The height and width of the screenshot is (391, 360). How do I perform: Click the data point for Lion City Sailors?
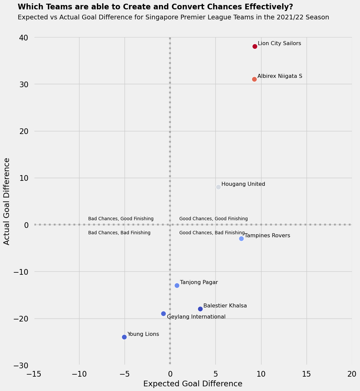click(x=255, y=46)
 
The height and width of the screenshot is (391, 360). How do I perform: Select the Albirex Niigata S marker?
click(x=254, y=79)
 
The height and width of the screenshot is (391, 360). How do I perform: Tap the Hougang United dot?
click(x=218, y=187)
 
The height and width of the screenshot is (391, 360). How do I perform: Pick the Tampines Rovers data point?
click(x=241, y=239)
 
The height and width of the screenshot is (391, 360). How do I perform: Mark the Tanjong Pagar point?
click(x=177, y=285)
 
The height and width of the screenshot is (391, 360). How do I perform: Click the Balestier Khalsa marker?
click(x=200, y=309)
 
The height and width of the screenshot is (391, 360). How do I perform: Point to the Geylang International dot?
click(x=163, y=313)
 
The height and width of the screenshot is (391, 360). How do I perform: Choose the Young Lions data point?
click(x=124, y=337)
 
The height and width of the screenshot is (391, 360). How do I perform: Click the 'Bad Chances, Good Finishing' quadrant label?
click(x=121, y=219)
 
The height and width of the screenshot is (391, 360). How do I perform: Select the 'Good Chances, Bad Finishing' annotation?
click(x=212, y=233)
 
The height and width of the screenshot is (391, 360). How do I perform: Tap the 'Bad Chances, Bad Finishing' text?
click(x=119, y=233)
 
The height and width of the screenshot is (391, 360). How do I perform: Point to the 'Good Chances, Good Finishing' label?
click(x=213, y=219)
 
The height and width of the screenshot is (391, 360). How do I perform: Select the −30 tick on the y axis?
click(x=21, y=366)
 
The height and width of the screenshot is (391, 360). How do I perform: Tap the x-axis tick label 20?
click(x=352, y=374)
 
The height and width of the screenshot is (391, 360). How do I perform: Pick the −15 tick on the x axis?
click(x=34, y=374)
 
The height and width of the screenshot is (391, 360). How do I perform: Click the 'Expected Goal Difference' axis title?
click(x=193, y=384)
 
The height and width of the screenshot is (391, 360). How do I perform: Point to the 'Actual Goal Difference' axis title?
click(x=7, y=201)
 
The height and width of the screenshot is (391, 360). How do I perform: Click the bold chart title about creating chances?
click(x=155, y=7)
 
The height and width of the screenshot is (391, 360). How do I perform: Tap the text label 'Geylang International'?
click(x=196, y=317)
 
